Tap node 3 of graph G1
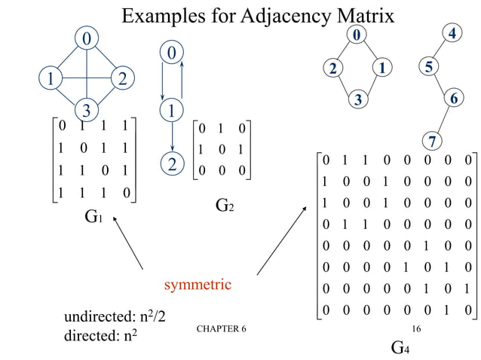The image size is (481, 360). click(x=87, y=110)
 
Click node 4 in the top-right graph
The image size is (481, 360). click(x=452, y=34)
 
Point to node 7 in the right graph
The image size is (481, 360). click(x=432, y=141)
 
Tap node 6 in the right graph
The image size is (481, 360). click(x=452, y=99)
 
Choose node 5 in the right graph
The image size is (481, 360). click(x=428, y=68)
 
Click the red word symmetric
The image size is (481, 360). click(x=198, y=285)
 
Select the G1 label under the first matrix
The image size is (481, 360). click(x=93, y=218)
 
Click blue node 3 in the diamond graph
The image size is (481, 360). click(x=360, y=99)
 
